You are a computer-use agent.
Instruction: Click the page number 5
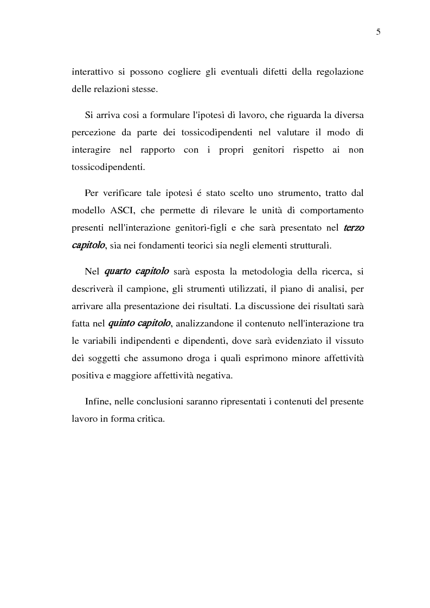click(x=378, y=32)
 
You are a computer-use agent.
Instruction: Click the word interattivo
click(x=90, y=73)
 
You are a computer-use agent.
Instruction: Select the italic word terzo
click(x=354, y=228)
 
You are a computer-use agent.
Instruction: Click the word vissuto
click(x=349, y=341)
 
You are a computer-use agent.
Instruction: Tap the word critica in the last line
click(x=151, y=419)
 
